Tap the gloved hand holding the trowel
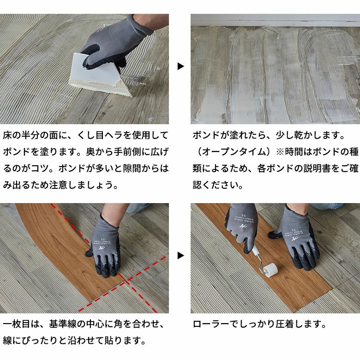(113, 42)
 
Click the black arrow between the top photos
(180, 66)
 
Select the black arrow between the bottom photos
(180, 255)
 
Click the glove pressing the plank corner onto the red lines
(104, 247)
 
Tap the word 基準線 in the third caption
(65, 324)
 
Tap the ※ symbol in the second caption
(281, 152)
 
